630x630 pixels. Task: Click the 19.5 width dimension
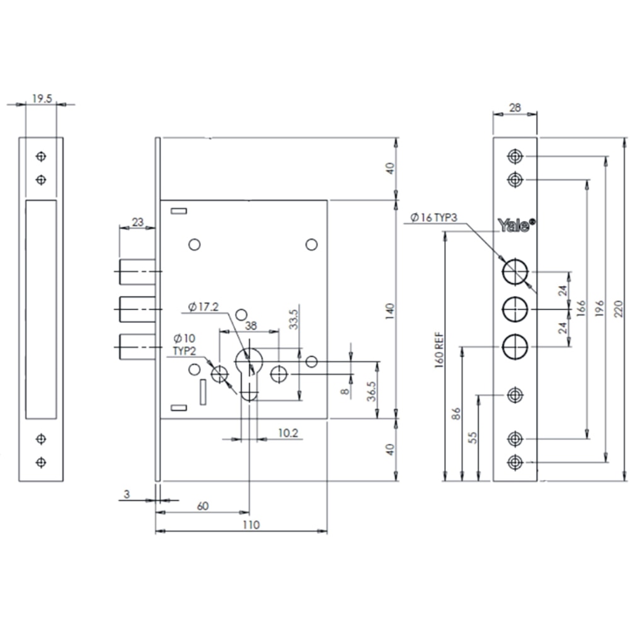[x=42, y=98]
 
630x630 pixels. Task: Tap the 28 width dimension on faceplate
[x=514, y=108]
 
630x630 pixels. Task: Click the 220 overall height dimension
[x=619, y=309]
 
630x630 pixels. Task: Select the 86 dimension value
[x=457, y=414]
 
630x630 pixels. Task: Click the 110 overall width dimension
[x=251, y=524]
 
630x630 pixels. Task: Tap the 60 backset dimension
[x=202, y=505]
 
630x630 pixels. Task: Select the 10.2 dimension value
[x=288, y=433]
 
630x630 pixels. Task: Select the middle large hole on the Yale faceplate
[x=515, y=309]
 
